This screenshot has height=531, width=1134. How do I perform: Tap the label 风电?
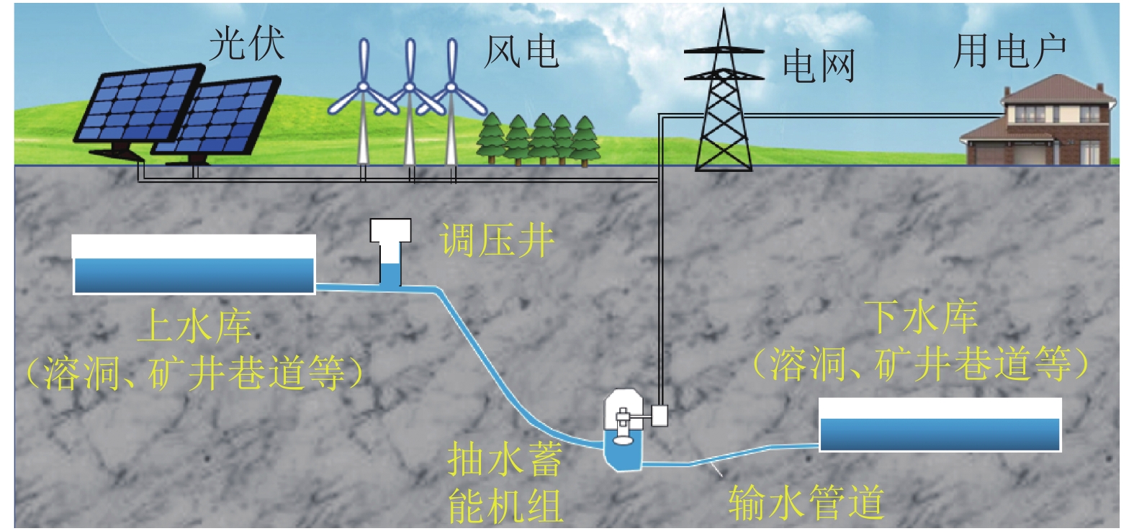(x=521, y=51)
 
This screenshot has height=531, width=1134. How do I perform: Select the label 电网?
(x=819, y=66)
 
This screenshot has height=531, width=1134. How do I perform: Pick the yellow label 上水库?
(x=195, y=326)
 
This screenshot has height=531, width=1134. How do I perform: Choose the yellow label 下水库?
(x=922, y=317)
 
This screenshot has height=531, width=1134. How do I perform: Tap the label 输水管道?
(x=806, y=502)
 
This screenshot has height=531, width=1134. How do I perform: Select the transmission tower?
(x=722, y=101)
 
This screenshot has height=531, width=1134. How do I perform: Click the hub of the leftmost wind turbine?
(x=363, y=87)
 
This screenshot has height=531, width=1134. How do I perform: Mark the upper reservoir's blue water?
(x=194, y=276)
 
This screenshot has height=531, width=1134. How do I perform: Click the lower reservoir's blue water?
(x=940, y=435)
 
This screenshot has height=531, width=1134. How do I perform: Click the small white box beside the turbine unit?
(x=660, y=415)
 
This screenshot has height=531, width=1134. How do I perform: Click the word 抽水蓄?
(x=505, y=459)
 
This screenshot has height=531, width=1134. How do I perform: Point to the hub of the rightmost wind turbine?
(x=451, y=87)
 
